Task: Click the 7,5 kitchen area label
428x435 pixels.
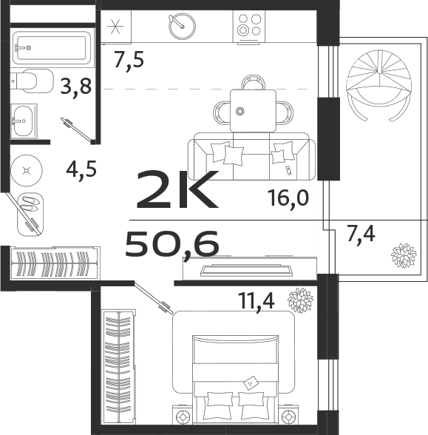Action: click(x=128, y=60)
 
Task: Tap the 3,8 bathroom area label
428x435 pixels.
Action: click(x=76, y=87)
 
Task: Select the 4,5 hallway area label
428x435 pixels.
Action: click(x=81, y=168)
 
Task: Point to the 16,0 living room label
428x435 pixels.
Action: click(x=288, y=198)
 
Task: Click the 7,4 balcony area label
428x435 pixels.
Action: click(x=361, y=235)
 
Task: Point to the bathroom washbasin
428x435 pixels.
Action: click(x=24, y=118)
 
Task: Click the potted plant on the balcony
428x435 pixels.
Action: click(x=404, y=255)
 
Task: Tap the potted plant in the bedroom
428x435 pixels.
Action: click(x=300, y=300)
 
